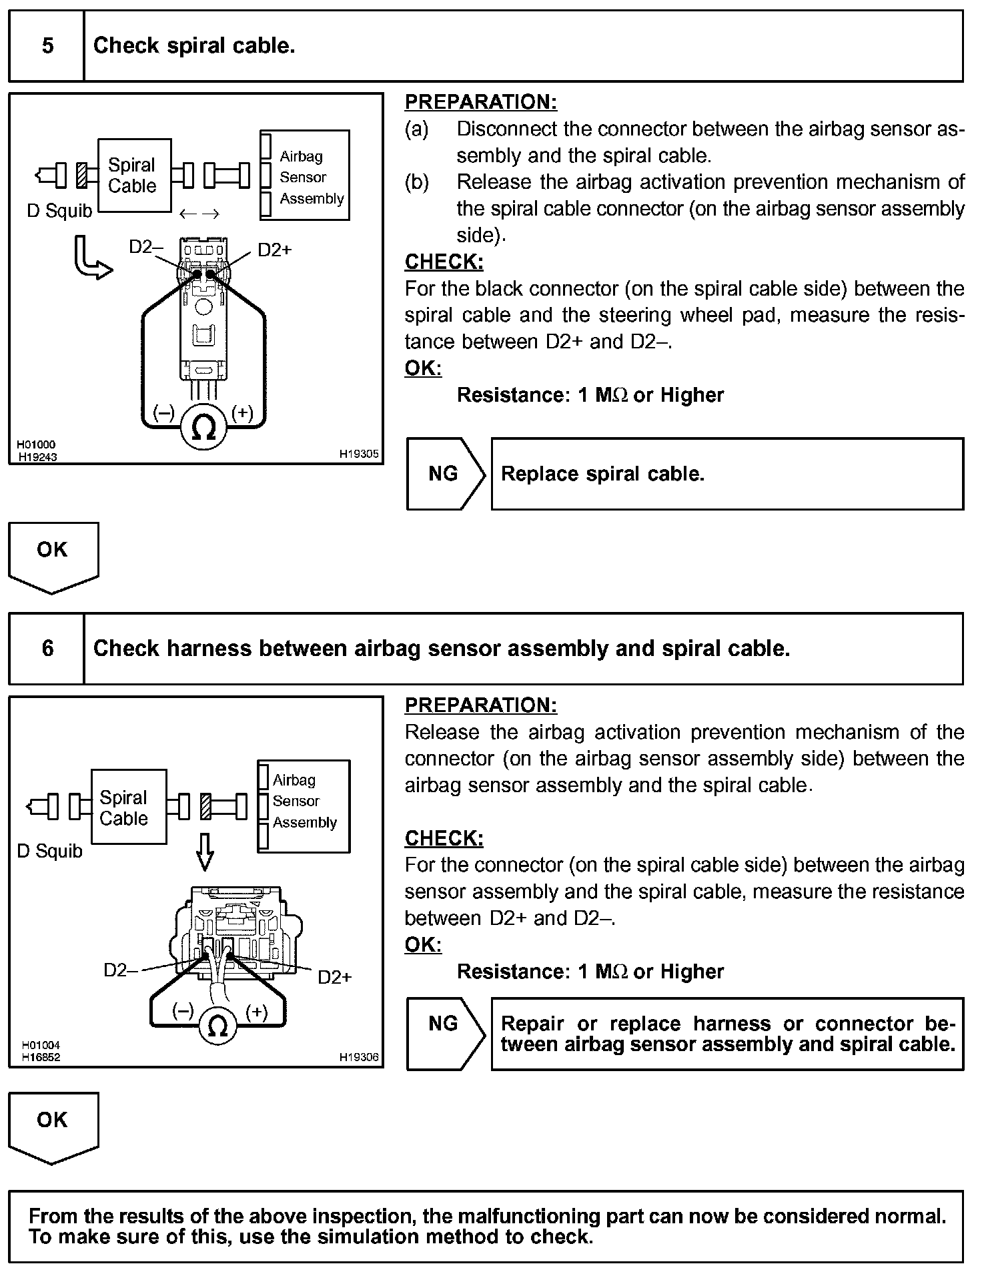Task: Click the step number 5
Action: point(47,46)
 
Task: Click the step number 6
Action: point(47,648)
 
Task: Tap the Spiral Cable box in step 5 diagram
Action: point(134,176)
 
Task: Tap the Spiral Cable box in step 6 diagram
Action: point(128,808)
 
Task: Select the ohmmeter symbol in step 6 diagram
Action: point(217,1026)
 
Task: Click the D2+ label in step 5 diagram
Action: point(274,250)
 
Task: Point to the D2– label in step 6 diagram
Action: point(120,970)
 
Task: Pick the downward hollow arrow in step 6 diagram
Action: point(205,852)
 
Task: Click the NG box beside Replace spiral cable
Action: point(444,474)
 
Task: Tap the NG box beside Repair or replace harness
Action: point(444,1034)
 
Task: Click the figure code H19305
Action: point(358,454)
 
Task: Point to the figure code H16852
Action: point(41,1057)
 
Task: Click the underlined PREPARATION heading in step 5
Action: point(480,102)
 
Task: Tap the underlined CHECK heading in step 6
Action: point(444,838)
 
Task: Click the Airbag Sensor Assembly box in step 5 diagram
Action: point(305,176)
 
